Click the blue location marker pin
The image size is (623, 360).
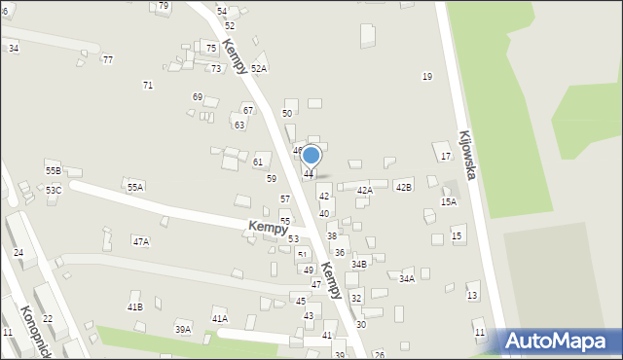311,156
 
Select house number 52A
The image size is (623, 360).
259,69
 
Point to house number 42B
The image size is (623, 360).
403,186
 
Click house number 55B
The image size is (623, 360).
54,170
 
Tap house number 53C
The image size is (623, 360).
54,190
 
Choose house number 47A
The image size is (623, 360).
141,241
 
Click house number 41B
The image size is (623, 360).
134,307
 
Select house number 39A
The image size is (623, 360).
182,330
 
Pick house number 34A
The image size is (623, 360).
407,278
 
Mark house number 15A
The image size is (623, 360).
448,202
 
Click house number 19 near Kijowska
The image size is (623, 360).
426,76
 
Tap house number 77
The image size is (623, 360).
108,59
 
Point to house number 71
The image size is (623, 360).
148,86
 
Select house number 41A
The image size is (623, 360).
220,318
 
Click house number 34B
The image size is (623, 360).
359,264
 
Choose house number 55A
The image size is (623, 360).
135,187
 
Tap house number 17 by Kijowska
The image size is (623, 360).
445,156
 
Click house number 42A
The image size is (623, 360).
364,191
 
